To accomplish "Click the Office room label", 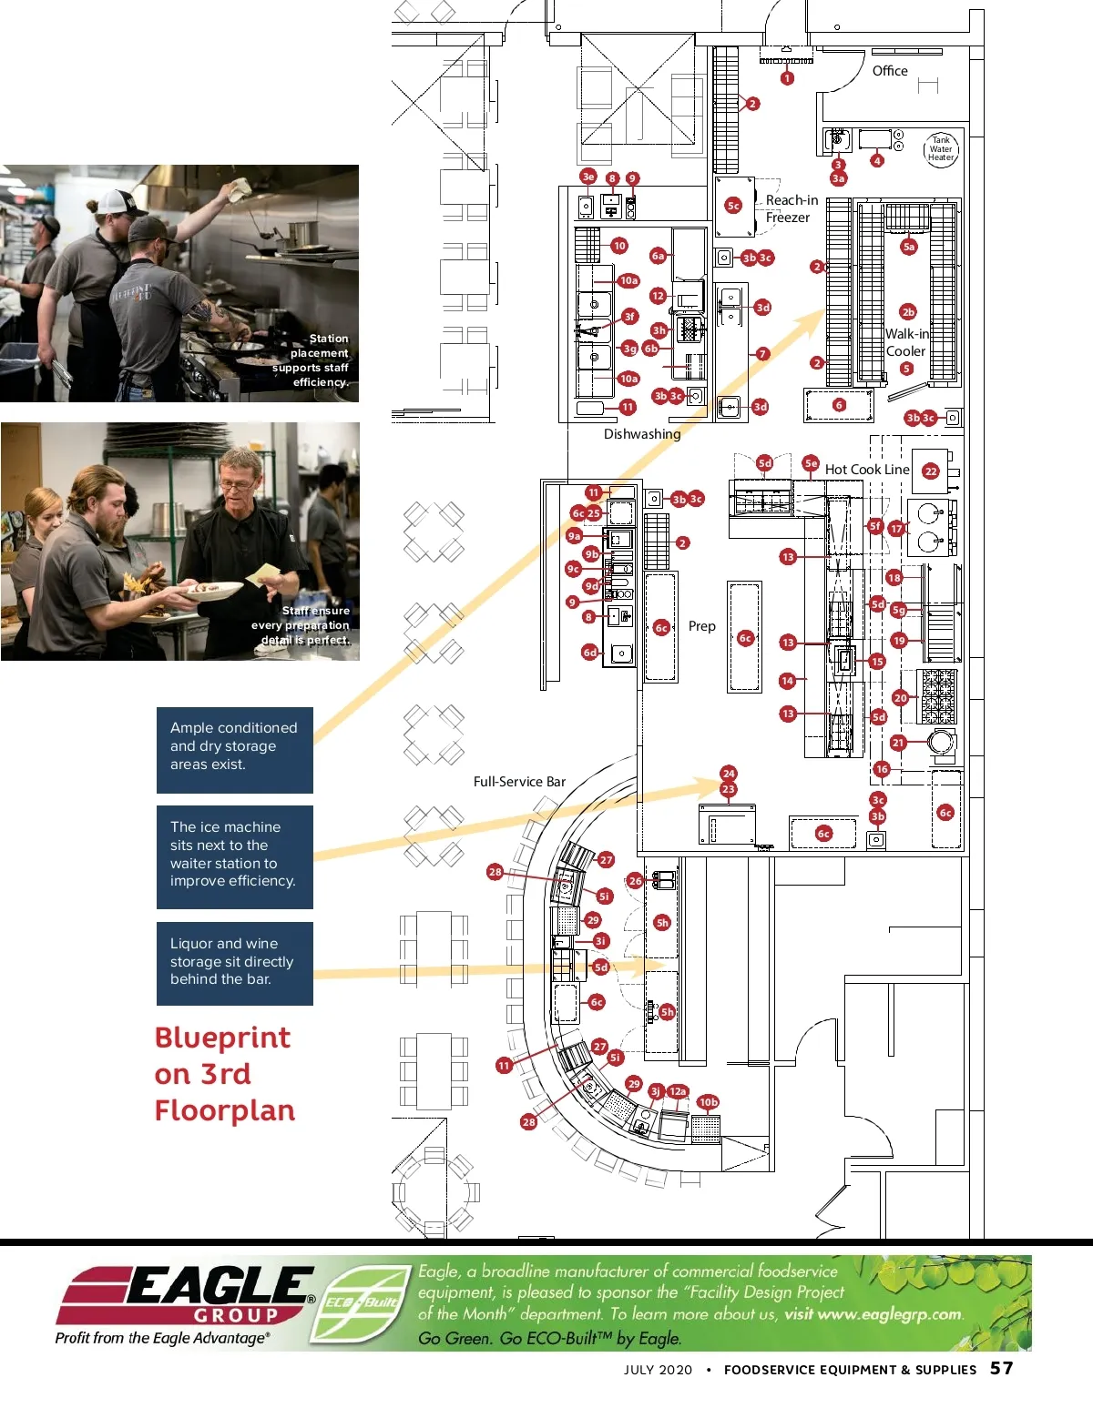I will (890, 71).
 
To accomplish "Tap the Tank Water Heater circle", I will (941, 148).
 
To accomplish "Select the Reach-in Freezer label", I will (790, 208).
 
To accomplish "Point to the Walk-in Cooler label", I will (906, 342).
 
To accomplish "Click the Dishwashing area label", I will (642, 434).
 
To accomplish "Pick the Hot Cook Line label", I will (867, 470).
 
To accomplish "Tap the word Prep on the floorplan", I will (701, 626).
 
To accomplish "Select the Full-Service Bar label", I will (519, 782).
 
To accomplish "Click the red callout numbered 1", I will (787, 78).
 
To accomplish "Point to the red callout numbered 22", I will (931, 471).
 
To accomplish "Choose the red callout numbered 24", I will (729, 774).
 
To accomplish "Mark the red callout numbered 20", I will (900, 698).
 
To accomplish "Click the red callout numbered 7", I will (763, 354).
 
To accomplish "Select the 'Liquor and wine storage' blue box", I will (234, 963).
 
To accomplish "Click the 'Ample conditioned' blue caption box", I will (234, 749).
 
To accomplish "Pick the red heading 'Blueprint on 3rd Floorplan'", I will (225, 1074).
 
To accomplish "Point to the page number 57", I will (1002, 1368).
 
